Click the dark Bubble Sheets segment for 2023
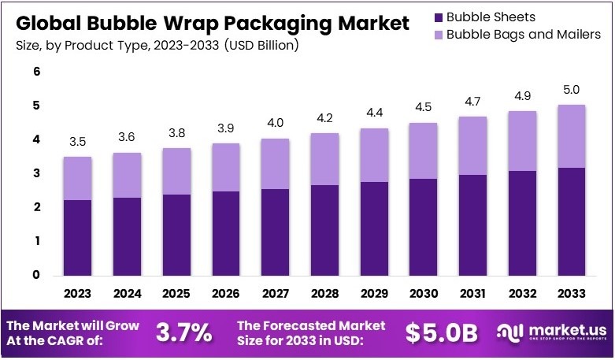tap(77, 237)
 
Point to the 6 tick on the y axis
tap(36, 72)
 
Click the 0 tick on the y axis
tap(36, 275)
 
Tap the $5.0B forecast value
tap(442, 332)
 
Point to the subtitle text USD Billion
tap(261, 46)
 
